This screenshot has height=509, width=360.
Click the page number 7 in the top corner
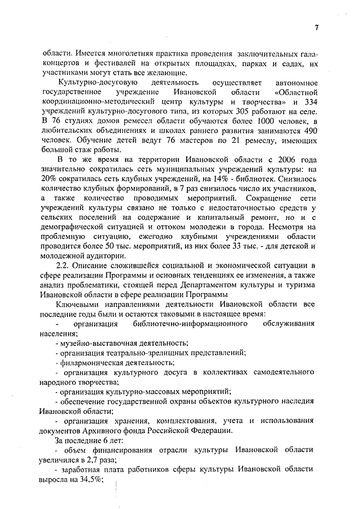pyautogui.click(x=317, y=29)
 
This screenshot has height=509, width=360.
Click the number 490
pyautogui.click(x=310, y=130)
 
